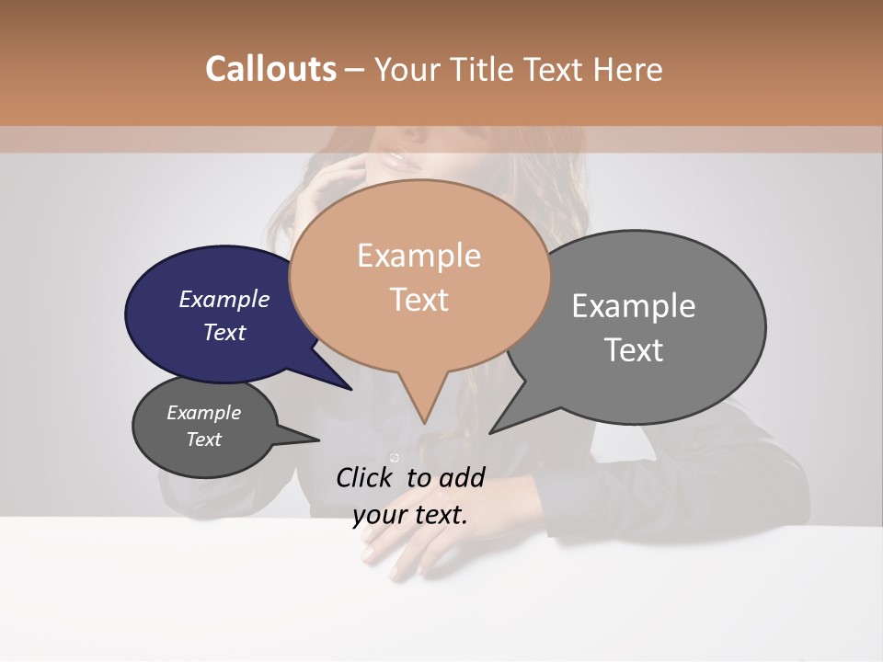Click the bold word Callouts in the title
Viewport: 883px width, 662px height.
(270, 69)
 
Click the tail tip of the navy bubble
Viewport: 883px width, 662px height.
(350, 389)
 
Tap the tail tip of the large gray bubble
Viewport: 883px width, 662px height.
(491, 432)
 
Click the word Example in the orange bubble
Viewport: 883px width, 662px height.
(419, 256)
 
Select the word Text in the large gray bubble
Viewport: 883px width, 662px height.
(634, 350)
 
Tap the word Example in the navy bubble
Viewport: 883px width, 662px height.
(224, 300)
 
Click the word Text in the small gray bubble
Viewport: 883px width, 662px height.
(204, 439)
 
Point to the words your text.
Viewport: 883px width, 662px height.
(410, 515)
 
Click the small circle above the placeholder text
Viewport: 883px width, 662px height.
(395, 458)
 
